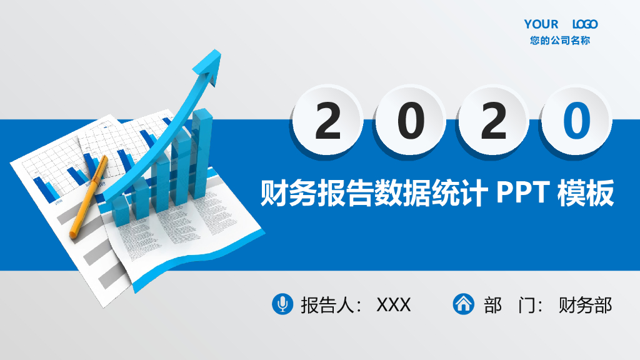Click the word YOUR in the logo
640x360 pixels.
(541, 24)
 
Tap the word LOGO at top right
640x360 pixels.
(585, 24)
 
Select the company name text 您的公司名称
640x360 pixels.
(560, 41)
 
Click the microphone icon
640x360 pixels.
(282, 304)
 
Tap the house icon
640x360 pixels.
(463, 304)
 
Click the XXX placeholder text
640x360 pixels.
(394, 305)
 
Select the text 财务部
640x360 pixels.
(586, 305)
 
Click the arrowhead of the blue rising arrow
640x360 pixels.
(210, 66)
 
